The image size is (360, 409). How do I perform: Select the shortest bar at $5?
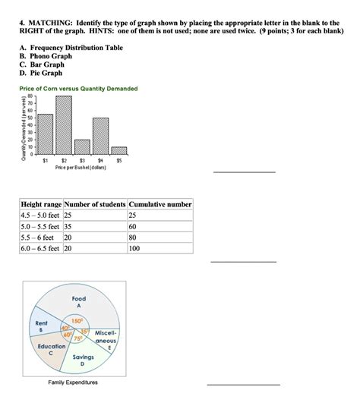[119, 151]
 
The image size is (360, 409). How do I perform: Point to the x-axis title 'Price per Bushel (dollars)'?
[81, 168]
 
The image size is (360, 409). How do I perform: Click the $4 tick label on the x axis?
[101, 161]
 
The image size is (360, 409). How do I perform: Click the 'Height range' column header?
[42, 205]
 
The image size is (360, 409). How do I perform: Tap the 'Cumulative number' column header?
[160, 205]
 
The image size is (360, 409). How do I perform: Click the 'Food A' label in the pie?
[79, 303]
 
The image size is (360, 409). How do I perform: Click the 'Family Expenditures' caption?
[73, 383]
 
